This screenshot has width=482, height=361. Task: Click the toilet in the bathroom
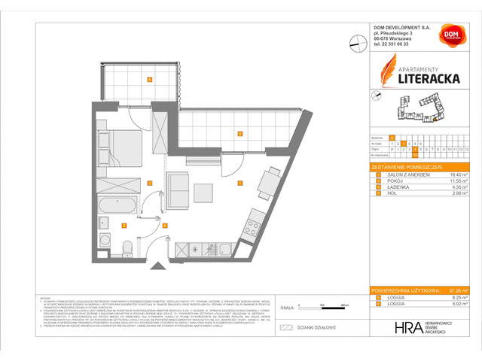coord(127,247)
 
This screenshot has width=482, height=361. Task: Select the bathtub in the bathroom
coord(118,204)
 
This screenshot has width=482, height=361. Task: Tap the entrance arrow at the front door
coord(157,265)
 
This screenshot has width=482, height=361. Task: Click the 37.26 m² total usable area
coord(458,290)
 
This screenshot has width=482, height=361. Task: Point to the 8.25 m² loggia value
coord(459,298)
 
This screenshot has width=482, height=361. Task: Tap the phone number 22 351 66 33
coord(392,44)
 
